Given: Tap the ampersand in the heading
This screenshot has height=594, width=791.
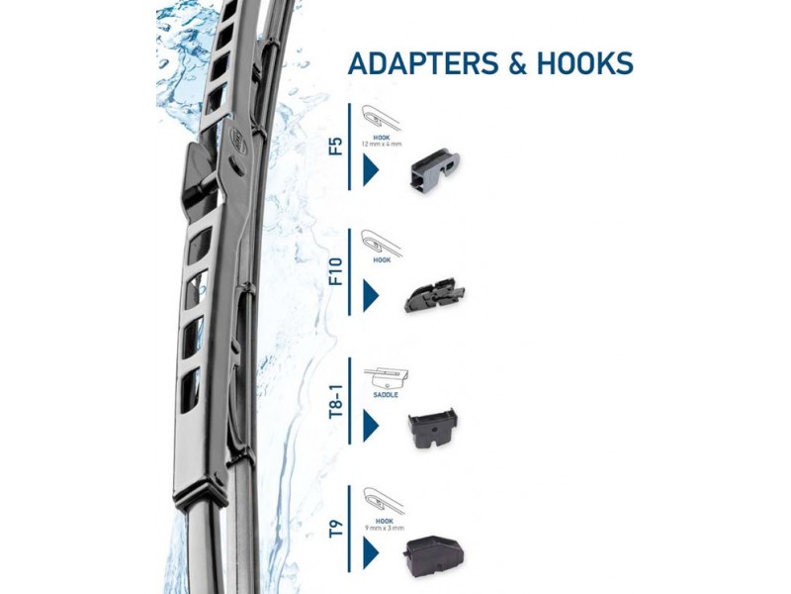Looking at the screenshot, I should [x=519, y=64].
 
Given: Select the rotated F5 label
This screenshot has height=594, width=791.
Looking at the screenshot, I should [x=336, y=148].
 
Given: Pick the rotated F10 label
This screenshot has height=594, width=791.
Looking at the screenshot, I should [x=336, y=269].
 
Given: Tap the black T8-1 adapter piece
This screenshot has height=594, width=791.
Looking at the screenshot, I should [x=432, y=427].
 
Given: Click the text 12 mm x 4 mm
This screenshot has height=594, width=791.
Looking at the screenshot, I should [x=382, y=145].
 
